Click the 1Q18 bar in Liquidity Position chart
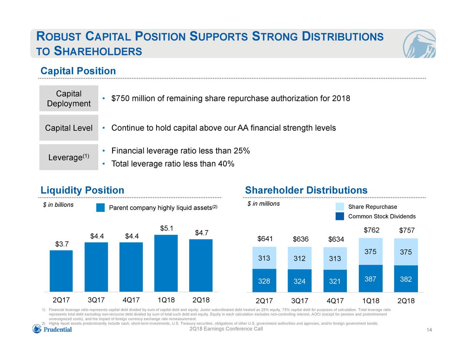(166, 263)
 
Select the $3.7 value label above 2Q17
(62, 244)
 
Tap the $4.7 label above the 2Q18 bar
(201, 233)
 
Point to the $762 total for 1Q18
(371, 230)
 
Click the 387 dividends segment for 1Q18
(370, 279)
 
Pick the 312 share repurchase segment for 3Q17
(299, 258)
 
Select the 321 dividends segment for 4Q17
(335, 281)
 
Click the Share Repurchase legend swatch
(340, 207)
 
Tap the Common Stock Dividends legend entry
(382, 217)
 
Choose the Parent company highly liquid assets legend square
(100, 208)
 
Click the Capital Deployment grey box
(69, 99)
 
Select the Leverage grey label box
(69, 157)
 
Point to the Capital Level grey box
(69, 128)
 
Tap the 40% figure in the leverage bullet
(226, 164)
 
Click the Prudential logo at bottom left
(52, 329)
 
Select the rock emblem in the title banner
(419, 44)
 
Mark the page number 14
(429, 330)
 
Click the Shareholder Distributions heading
(306, 190)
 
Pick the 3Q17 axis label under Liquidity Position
(96, 300)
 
